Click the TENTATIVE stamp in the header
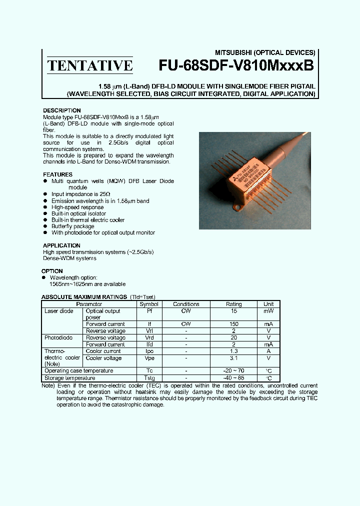click(90, 65)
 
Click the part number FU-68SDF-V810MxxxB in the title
click(236, 66)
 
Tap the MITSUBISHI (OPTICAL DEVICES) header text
click(265, 52)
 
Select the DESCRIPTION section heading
click(61, 110)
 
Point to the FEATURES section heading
click(57, 174)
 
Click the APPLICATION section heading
click(61, 245)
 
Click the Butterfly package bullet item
click(73, 226)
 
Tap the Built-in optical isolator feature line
click(78, 213)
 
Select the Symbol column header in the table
click(148, 304)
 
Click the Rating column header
click(233, 304)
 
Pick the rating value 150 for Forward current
click(233, 324)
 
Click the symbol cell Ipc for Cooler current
click(148, 351)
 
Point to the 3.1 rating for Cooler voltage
click(233, 358)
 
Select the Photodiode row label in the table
click(58, 337)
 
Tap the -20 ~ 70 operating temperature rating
click(233, 371)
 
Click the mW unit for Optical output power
click(268, 311)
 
